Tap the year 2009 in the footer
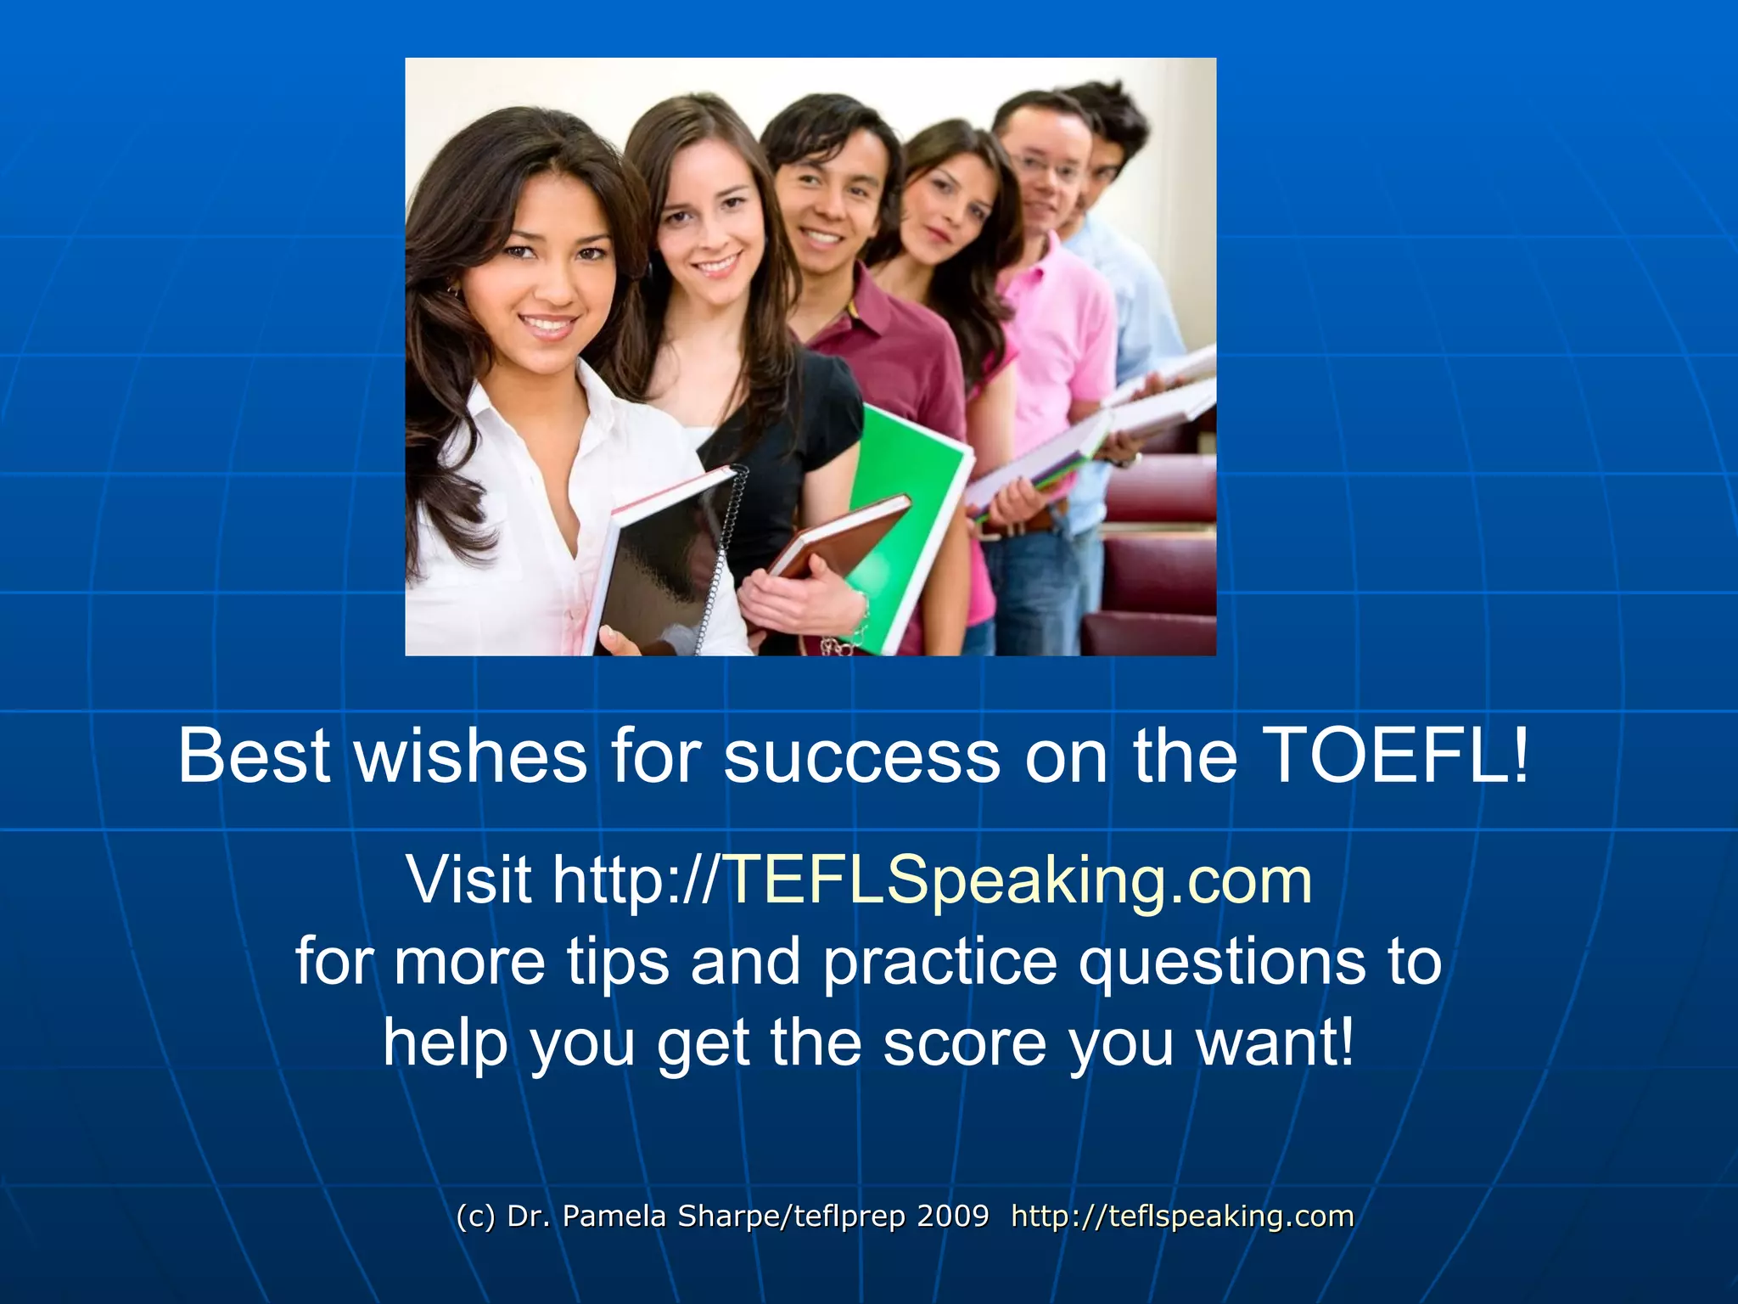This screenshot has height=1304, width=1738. tap(952, 1216)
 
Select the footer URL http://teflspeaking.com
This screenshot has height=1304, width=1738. tap(1182, 1216)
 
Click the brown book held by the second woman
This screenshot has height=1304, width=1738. tap(840, 535)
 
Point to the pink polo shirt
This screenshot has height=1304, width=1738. tap(1061, 340)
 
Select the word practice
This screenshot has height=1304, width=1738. tap(939, 962)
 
